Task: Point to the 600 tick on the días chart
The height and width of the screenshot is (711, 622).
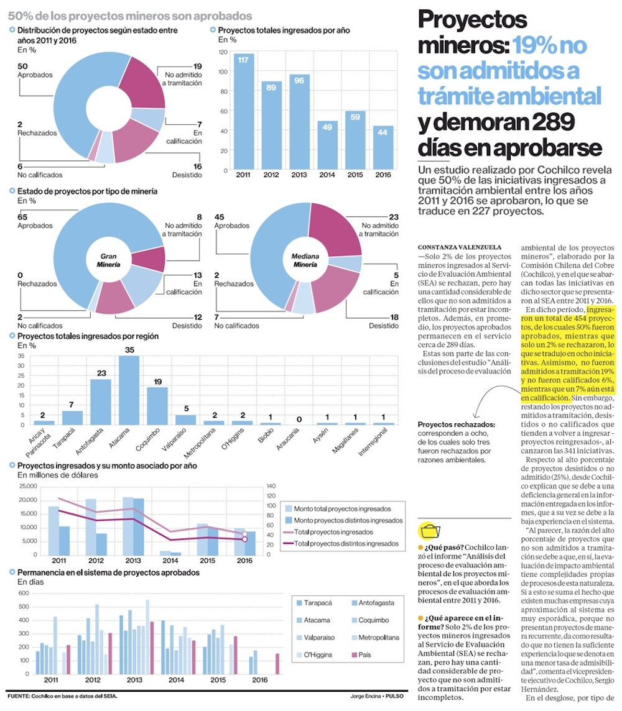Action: point(23,594)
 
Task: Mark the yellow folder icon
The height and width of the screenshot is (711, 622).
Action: point(430,530)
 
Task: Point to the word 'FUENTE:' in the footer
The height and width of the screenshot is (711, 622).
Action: point(19,696)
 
